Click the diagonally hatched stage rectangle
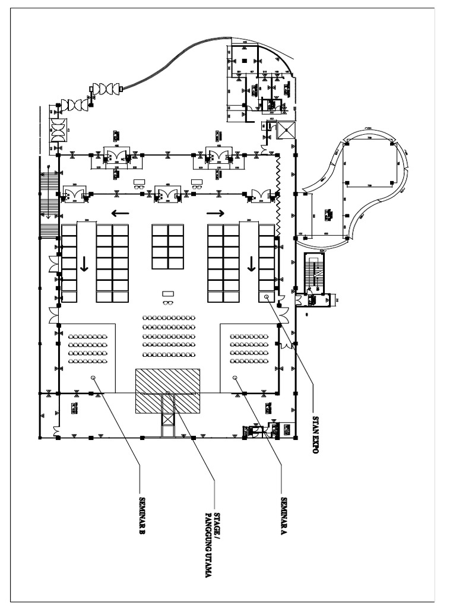(x=169, y=391)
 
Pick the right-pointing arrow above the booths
(x=215, y=212)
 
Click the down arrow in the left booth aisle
(x=84, y=264)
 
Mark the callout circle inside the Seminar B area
(x=93, y=378)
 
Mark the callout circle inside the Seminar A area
(x=235, y=378)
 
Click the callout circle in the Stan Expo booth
(x=267, y=296)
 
